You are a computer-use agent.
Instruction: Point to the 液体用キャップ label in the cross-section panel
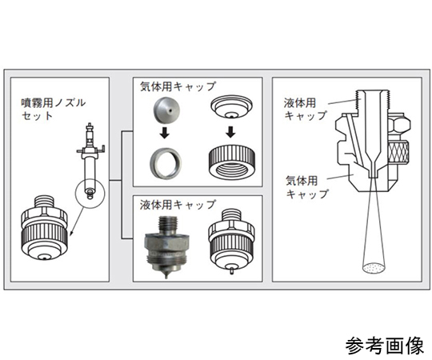306,109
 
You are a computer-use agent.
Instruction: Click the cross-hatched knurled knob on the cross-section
401,149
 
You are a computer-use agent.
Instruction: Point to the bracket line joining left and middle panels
122,183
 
